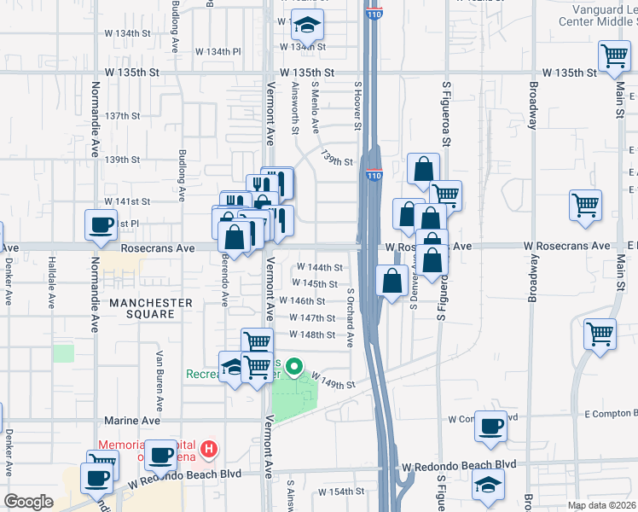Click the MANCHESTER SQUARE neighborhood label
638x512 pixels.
pos(150,308)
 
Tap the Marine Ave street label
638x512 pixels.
pos(132,421)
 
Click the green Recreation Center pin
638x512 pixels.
pos(294,368)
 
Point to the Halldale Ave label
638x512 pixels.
pos(53,285)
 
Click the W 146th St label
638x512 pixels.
pos(307,301)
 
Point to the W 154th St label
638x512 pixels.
pos(340,492)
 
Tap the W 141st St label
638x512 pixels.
pos(127,201)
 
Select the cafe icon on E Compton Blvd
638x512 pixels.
pos(490,426)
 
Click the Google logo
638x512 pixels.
pos(29,502)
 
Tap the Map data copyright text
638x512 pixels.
pos(602,505)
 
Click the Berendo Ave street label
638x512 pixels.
pos(225,281)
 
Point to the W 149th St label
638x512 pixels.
pos(333,380)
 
